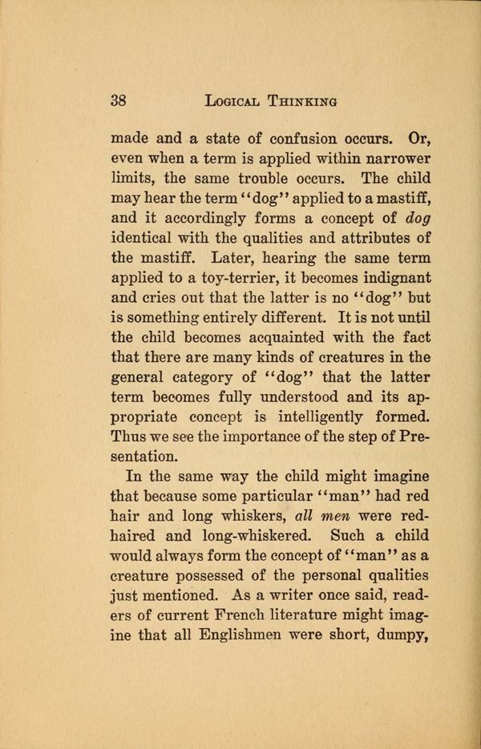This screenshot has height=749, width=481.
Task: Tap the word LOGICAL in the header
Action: [x=236, y=101]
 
